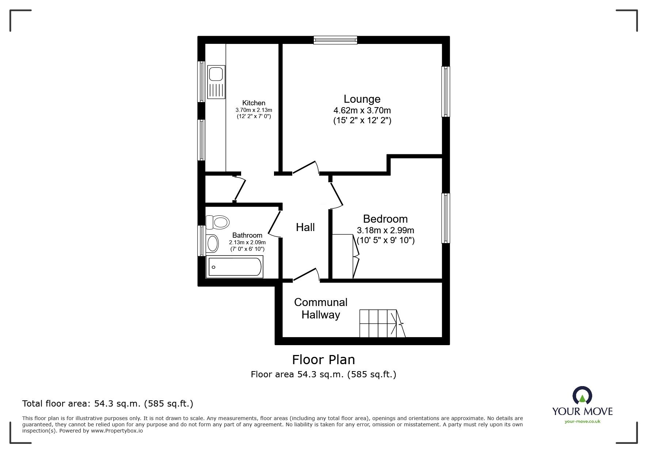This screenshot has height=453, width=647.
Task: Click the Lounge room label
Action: click(x=362, y=99)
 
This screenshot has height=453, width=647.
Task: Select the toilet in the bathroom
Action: click(x=218, y=222)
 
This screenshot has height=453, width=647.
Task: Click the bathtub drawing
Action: click(x=235, y=267)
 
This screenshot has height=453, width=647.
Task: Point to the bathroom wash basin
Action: click(x=212, y=243)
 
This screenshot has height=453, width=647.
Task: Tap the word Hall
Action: click(x=305, y=227)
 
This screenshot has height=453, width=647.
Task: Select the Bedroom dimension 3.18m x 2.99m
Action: click(x=385, y=230)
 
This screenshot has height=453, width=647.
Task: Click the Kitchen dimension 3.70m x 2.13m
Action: click(x=254, y=110)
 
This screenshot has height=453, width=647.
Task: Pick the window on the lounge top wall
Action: click(x=335, y=40)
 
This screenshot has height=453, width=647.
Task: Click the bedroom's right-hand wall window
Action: click(x=445, y=218)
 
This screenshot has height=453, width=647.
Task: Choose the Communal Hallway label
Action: click(x=320, y=308)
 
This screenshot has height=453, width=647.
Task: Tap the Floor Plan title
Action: click(x=323, y=360)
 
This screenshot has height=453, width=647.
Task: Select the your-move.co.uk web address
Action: click(x=582, y=422)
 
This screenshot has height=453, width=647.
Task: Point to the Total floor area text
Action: click(x=107, y=404)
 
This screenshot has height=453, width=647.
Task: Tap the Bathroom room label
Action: click(x=247, y=235)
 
